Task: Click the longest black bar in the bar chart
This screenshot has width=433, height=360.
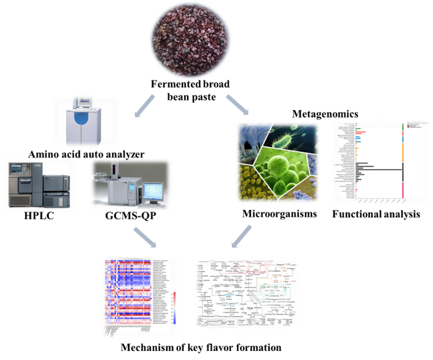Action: pos(378,169)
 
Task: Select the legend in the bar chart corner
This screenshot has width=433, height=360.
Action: pos(419,124)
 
